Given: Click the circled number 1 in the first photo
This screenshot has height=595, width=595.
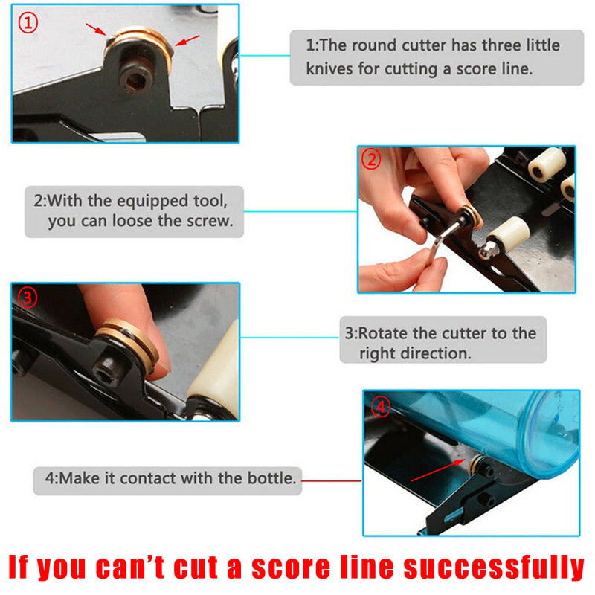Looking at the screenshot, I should coord(28,23).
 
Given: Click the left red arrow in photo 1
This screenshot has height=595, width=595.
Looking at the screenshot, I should coord(97,30).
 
